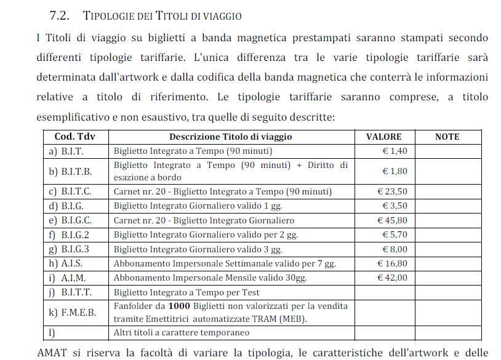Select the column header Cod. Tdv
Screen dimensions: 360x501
coord(73,137)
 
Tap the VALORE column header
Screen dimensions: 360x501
coord(383,137)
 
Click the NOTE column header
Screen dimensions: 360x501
coord(447,137)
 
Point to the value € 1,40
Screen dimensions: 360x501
coord(395,151)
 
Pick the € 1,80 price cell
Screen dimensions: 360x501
coord(395,171)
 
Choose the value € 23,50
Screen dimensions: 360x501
coord(392,191)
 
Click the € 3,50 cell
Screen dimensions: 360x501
coord(395,206)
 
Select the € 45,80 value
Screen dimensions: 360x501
coord(392,220)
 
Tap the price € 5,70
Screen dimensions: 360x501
coord(395,234)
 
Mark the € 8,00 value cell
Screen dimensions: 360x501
coord(395,249)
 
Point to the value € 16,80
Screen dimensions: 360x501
coord(392,263)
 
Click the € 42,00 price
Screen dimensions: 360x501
coord(392,278)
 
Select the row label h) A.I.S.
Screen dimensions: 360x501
coord(66,263)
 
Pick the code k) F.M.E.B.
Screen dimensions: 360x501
coord(73,312)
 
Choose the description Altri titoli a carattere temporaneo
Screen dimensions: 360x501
coord(182,332)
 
